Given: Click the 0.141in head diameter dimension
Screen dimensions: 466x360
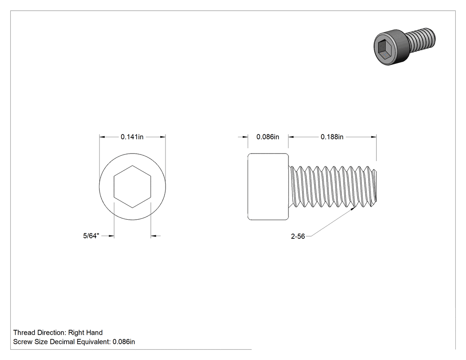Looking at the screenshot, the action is click(x=132, y=137).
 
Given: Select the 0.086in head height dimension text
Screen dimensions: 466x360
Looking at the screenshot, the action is click(x=268, y=137).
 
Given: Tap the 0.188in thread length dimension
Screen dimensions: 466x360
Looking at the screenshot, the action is click(x=332, y=137).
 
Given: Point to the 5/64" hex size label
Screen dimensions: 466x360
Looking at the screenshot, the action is click(x=91, y=236).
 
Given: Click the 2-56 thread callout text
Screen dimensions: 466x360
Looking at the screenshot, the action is click(x=298, y=236).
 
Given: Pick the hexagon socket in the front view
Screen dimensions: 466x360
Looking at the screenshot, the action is click(x=132, y=186).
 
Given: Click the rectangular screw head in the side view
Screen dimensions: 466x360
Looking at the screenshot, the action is click(x=268, y=187).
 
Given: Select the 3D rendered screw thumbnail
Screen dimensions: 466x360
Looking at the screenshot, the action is click(x=404, y=46).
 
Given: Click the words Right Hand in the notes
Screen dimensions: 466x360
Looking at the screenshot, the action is click(x=85, y=332).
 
